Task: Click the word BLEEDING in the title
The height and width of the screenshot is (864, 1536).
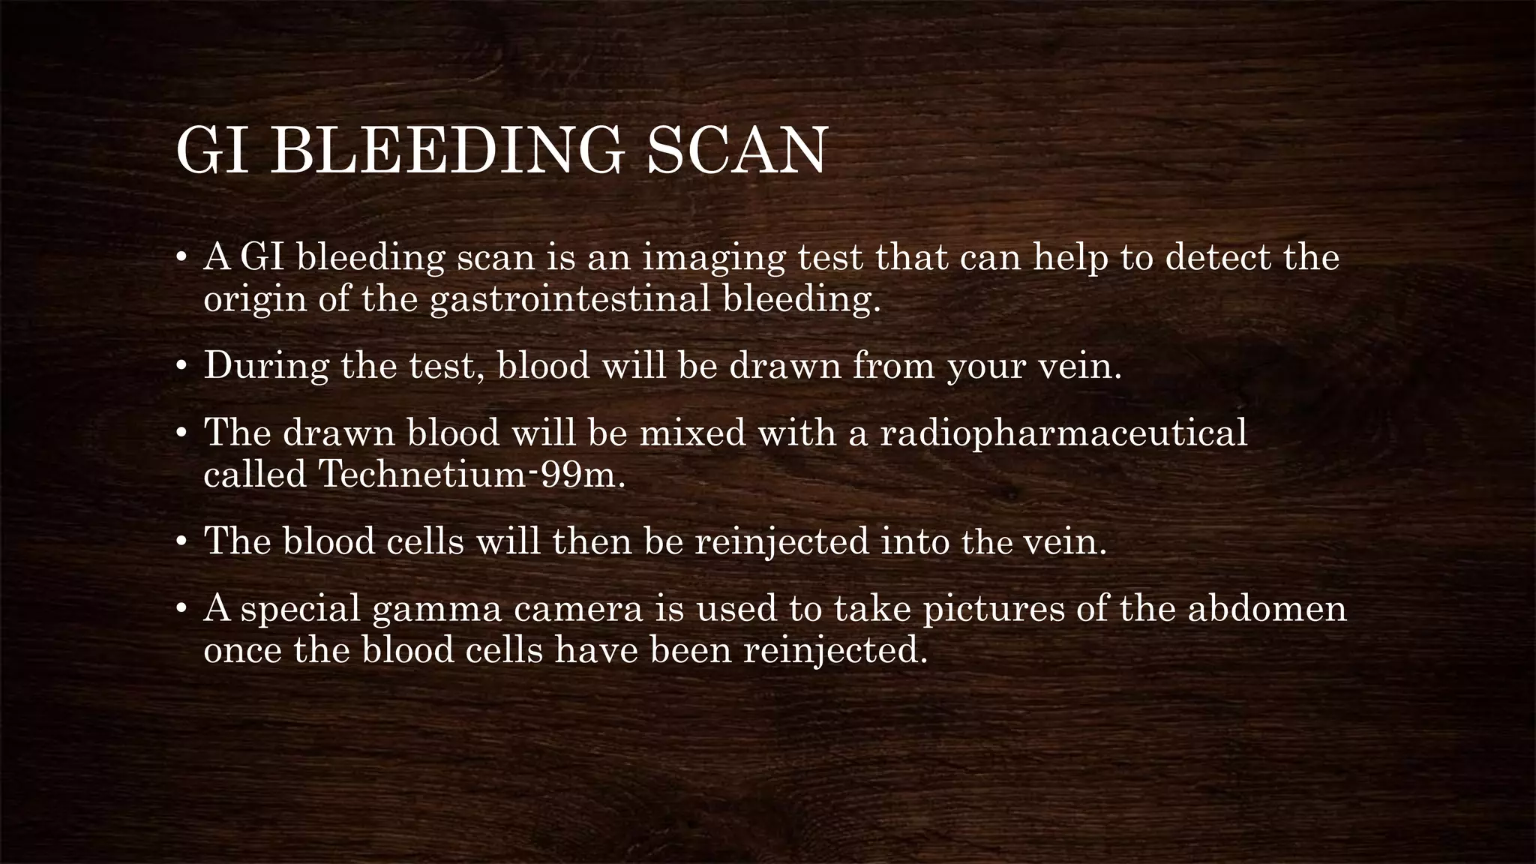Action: [445, 151]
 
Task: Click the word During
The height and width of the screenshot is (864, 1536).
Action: [266, 367]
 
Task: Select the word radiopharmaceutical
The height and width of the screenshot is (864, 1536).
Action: [1063, 433]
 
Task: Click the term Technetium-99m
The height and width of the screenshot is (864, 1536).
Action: [471, 474]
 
